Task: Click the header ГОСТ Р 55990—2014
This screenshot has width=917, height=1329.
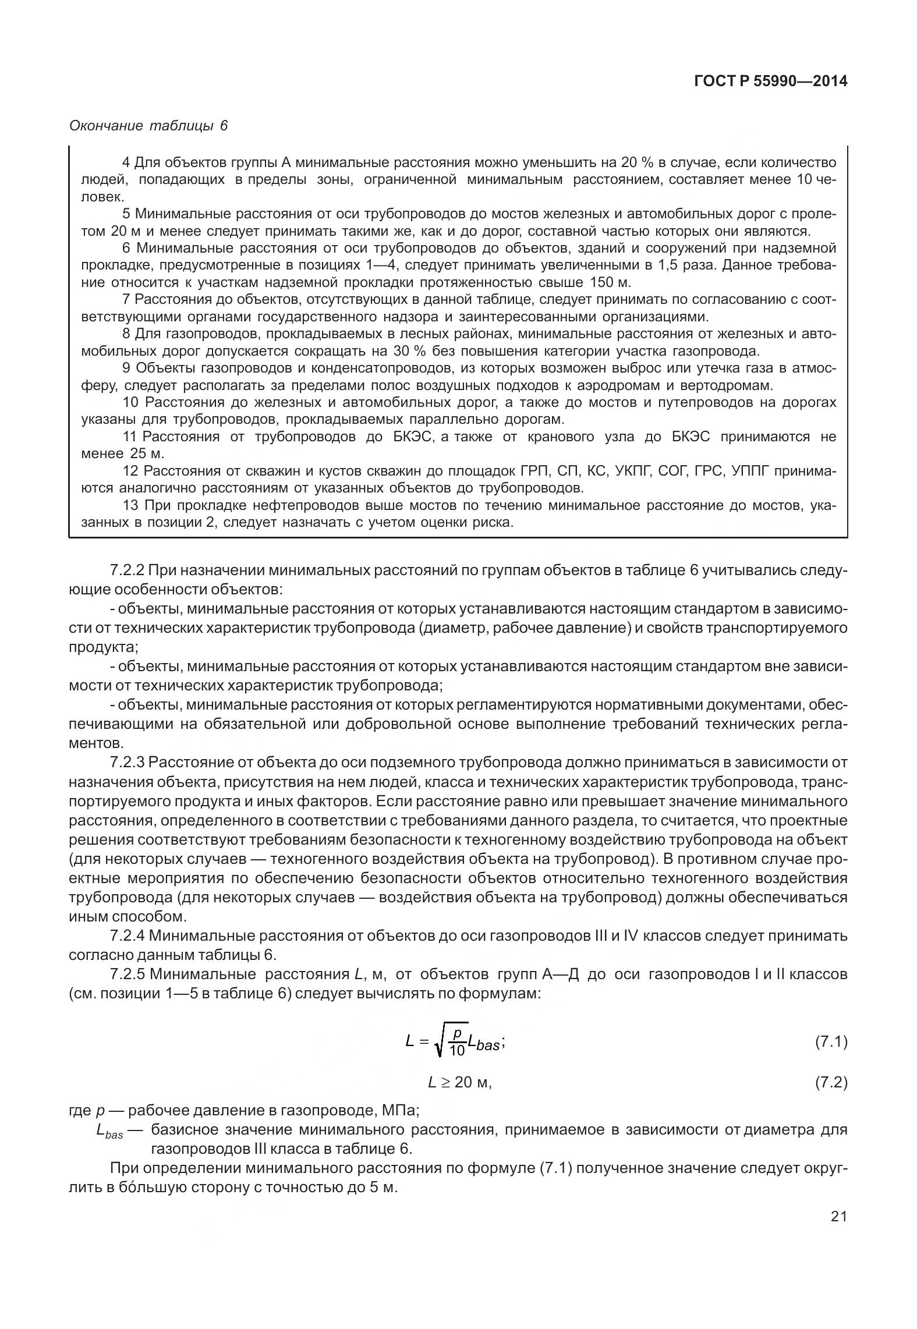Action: tap(771, 81)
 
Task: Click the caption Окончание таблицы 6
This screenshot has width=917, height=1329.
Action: tap(148, 126)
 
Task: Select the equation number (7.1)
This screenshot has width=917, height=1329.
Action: tap(830, 1042)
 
